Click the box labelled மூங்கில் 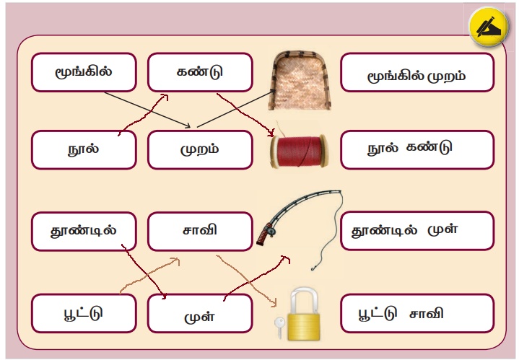84,72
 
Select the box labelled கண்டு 200,72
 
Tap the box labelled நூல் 84,149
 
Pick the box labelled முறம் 200,149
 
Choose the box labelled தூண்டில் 84,231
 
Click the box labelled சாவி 200,231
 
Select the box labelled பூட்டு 84,313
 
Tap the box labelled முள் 200,314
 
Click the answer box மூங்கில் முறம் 416,72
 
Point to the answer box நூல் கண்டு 416,149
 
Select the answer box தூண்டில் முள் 416,231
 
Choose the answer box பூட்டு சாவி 416,313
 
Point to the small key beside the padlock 278,327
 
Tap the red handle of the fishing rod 267,233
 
